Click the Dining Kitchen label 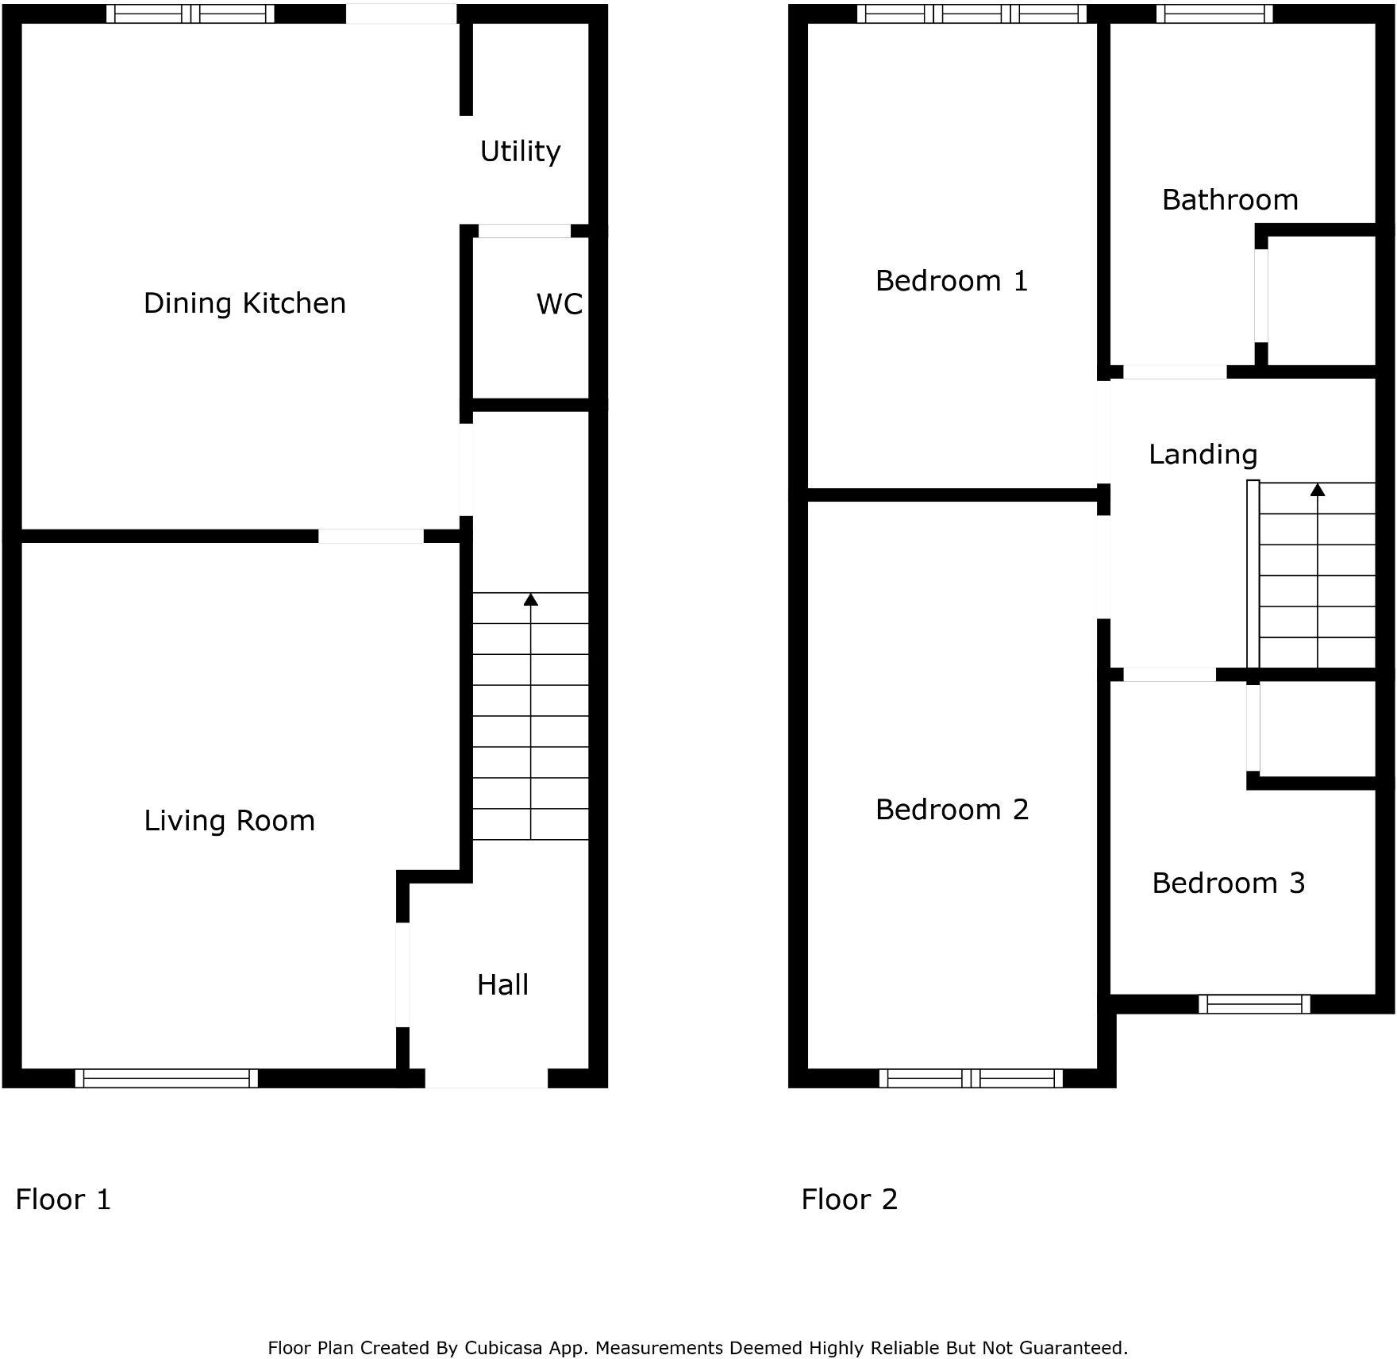[244, 303]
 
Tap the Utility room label [520, 151]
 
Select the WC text [559, 304]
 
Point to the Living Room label [229, 820]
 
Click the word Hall [502, 985]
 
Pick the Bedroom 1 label [952, 280]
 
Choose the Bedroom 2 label [952, 809]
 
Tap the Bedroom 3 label [1228, 883]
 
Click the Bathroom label [1230, 199]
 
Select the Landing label [1203, 454]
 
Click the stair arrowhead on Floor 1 [531, 599]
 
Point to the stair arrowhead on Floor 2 [1318, 490]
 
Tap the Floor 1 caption [63, 1199]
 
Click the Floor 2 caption [849, 1199]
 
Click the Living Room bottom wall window [167, 1078]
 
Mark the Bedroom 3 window [1254, 1004]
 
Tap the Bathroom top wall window [1214, 13]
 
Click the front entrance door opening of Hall [487, 1078]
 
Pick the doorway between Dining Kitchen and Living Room [371, 537]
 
